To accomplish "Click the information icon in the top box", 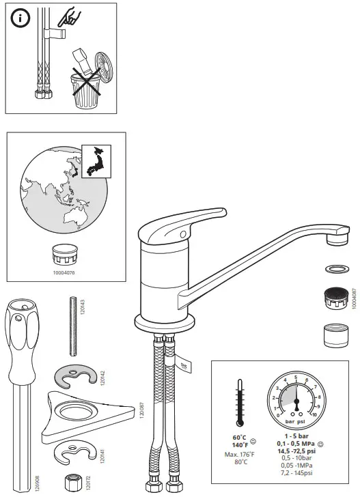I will click(x=20, y=19).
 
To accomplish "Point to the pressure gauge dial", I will click(x=296, y=397).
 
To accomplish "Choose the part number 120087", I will click(x=142, y=413).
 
